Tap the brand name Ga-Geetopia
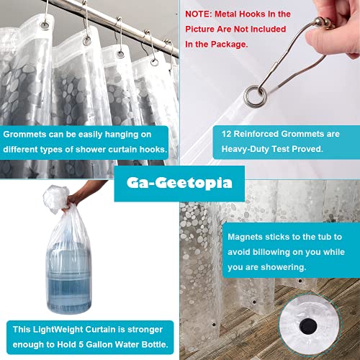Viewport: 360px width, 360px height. (x=179, y=182)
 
